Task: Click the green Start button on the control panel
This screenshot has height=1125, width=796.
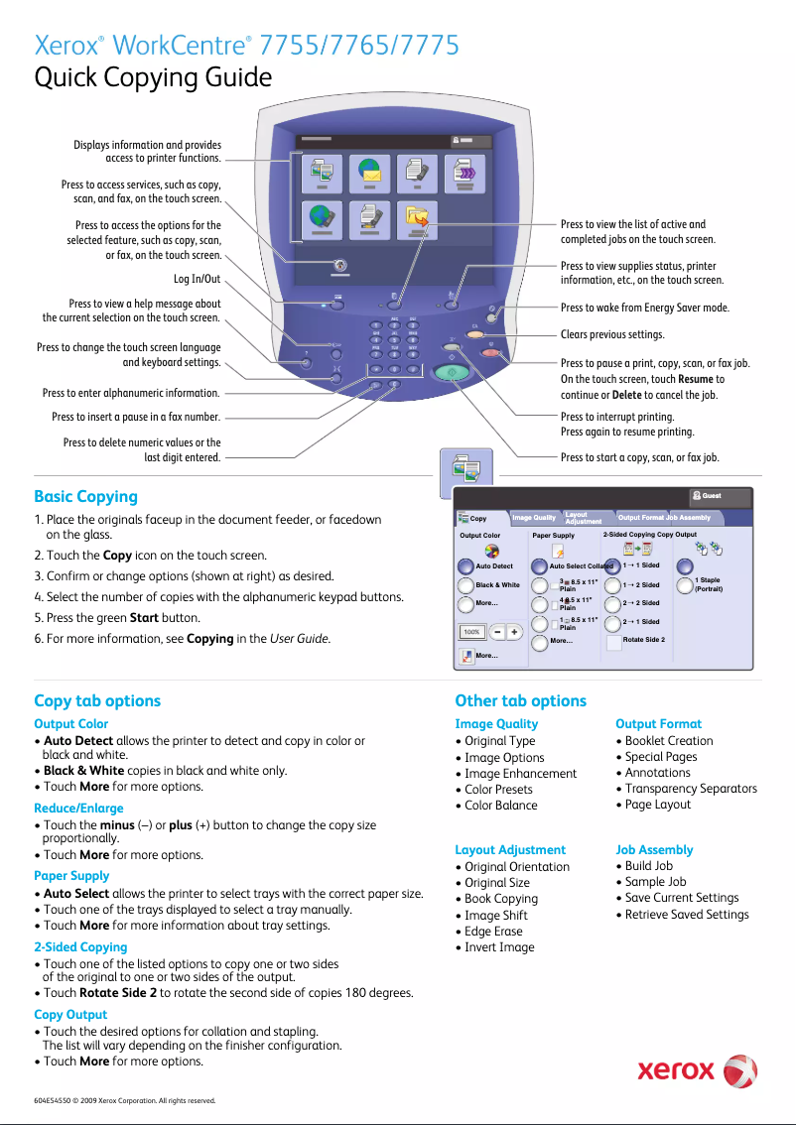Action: (452, 374)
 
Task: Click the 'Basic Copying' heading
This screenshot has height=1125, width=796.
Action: (85, 496)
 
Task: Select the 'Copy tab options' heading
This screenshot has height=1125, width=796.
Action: (97, 700)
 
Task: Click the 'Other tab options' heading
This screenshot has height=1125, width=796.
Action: (520, 700)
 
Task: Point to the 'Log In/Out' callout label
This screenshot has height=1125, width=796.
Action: (197, 279)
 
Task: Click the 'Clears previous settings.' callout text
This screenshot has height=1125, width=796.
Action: (612, 335)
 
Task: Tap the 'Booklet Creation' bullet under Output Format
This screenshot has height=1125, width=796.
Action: (668, 740)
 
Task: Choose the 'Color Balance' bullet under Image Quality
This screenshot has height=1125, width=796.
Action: (501, 806)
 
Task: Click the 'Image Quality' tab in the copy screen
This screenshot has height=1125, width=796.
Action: (534, 518)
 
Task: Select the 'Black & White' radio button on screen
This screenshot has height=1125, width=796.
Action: (466, 585)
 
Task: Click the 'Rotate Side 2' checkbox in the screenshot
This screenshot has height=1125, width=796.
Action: (614, 641)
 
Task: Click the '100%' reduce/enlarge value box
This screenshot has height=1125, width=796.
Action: (471, 632)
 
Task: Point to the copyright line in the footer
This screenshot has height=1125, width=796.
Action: (124, 1100)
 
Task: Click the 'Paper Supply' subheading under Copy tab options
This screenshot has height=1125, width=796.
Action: (71, 876)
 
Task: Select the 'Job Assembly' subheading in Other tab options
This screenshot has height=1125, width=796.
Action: (654, 850)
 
